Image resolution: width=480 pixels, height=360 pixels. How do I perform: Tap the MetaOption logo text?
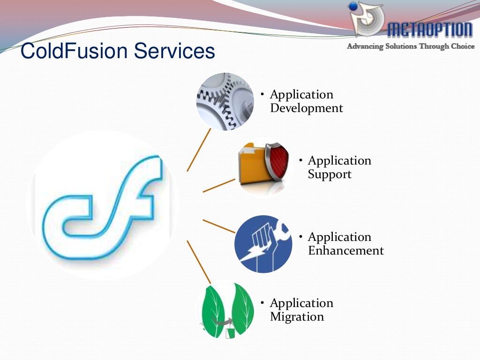(x=429, y=30)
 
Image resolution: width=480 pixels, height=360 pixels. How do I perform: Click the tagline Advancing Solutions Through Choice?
(x=410, y=46)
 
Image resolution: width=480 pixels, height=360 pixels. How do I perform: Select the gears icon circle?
(x=225, y=101)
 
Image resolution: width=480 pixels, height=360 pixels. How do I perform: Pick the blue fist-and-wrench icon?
(x=263, y=244)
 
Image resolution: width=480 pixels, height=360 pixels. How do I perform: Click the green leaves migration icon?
(x=225, y=310)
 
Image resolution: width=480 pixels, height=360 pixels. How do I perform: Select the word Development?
(x=307, y=108)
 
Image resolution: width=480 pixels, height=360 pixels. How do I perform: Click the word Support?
(x=330, y=174)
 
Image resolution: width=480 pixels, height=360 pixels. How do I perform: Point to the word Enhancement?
(x=345, y=251)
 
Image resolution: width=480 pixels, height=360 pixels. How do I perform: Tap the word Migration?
(x=297, y=317)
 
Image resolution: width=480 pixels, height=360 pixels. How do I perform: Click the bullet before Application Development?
(x=263, y=95)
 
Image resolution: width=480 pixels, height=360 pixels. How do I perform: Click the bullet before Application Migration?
(x=263, y=303)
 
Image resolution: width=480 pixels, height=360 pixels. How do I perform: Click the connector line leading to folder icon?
(x=218, y=186)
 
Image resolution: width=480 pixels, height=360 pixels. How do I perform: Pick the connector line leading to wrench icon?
(x=218, y=226)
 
